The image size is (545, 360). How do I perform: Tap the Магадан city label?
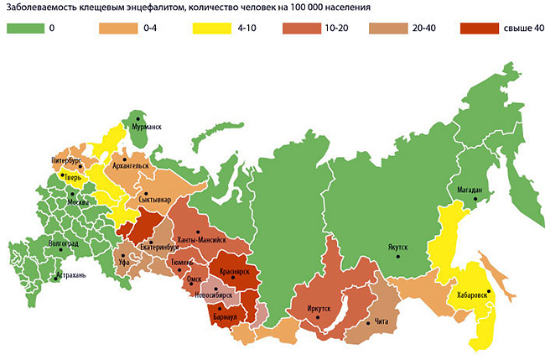[470, 190]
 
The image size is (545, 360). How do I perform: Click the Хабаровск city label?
[473, 295]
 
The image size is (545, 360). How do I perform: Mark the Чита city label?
[383, 323]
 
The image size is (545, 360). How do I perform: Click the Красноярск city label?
[239, 274]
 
